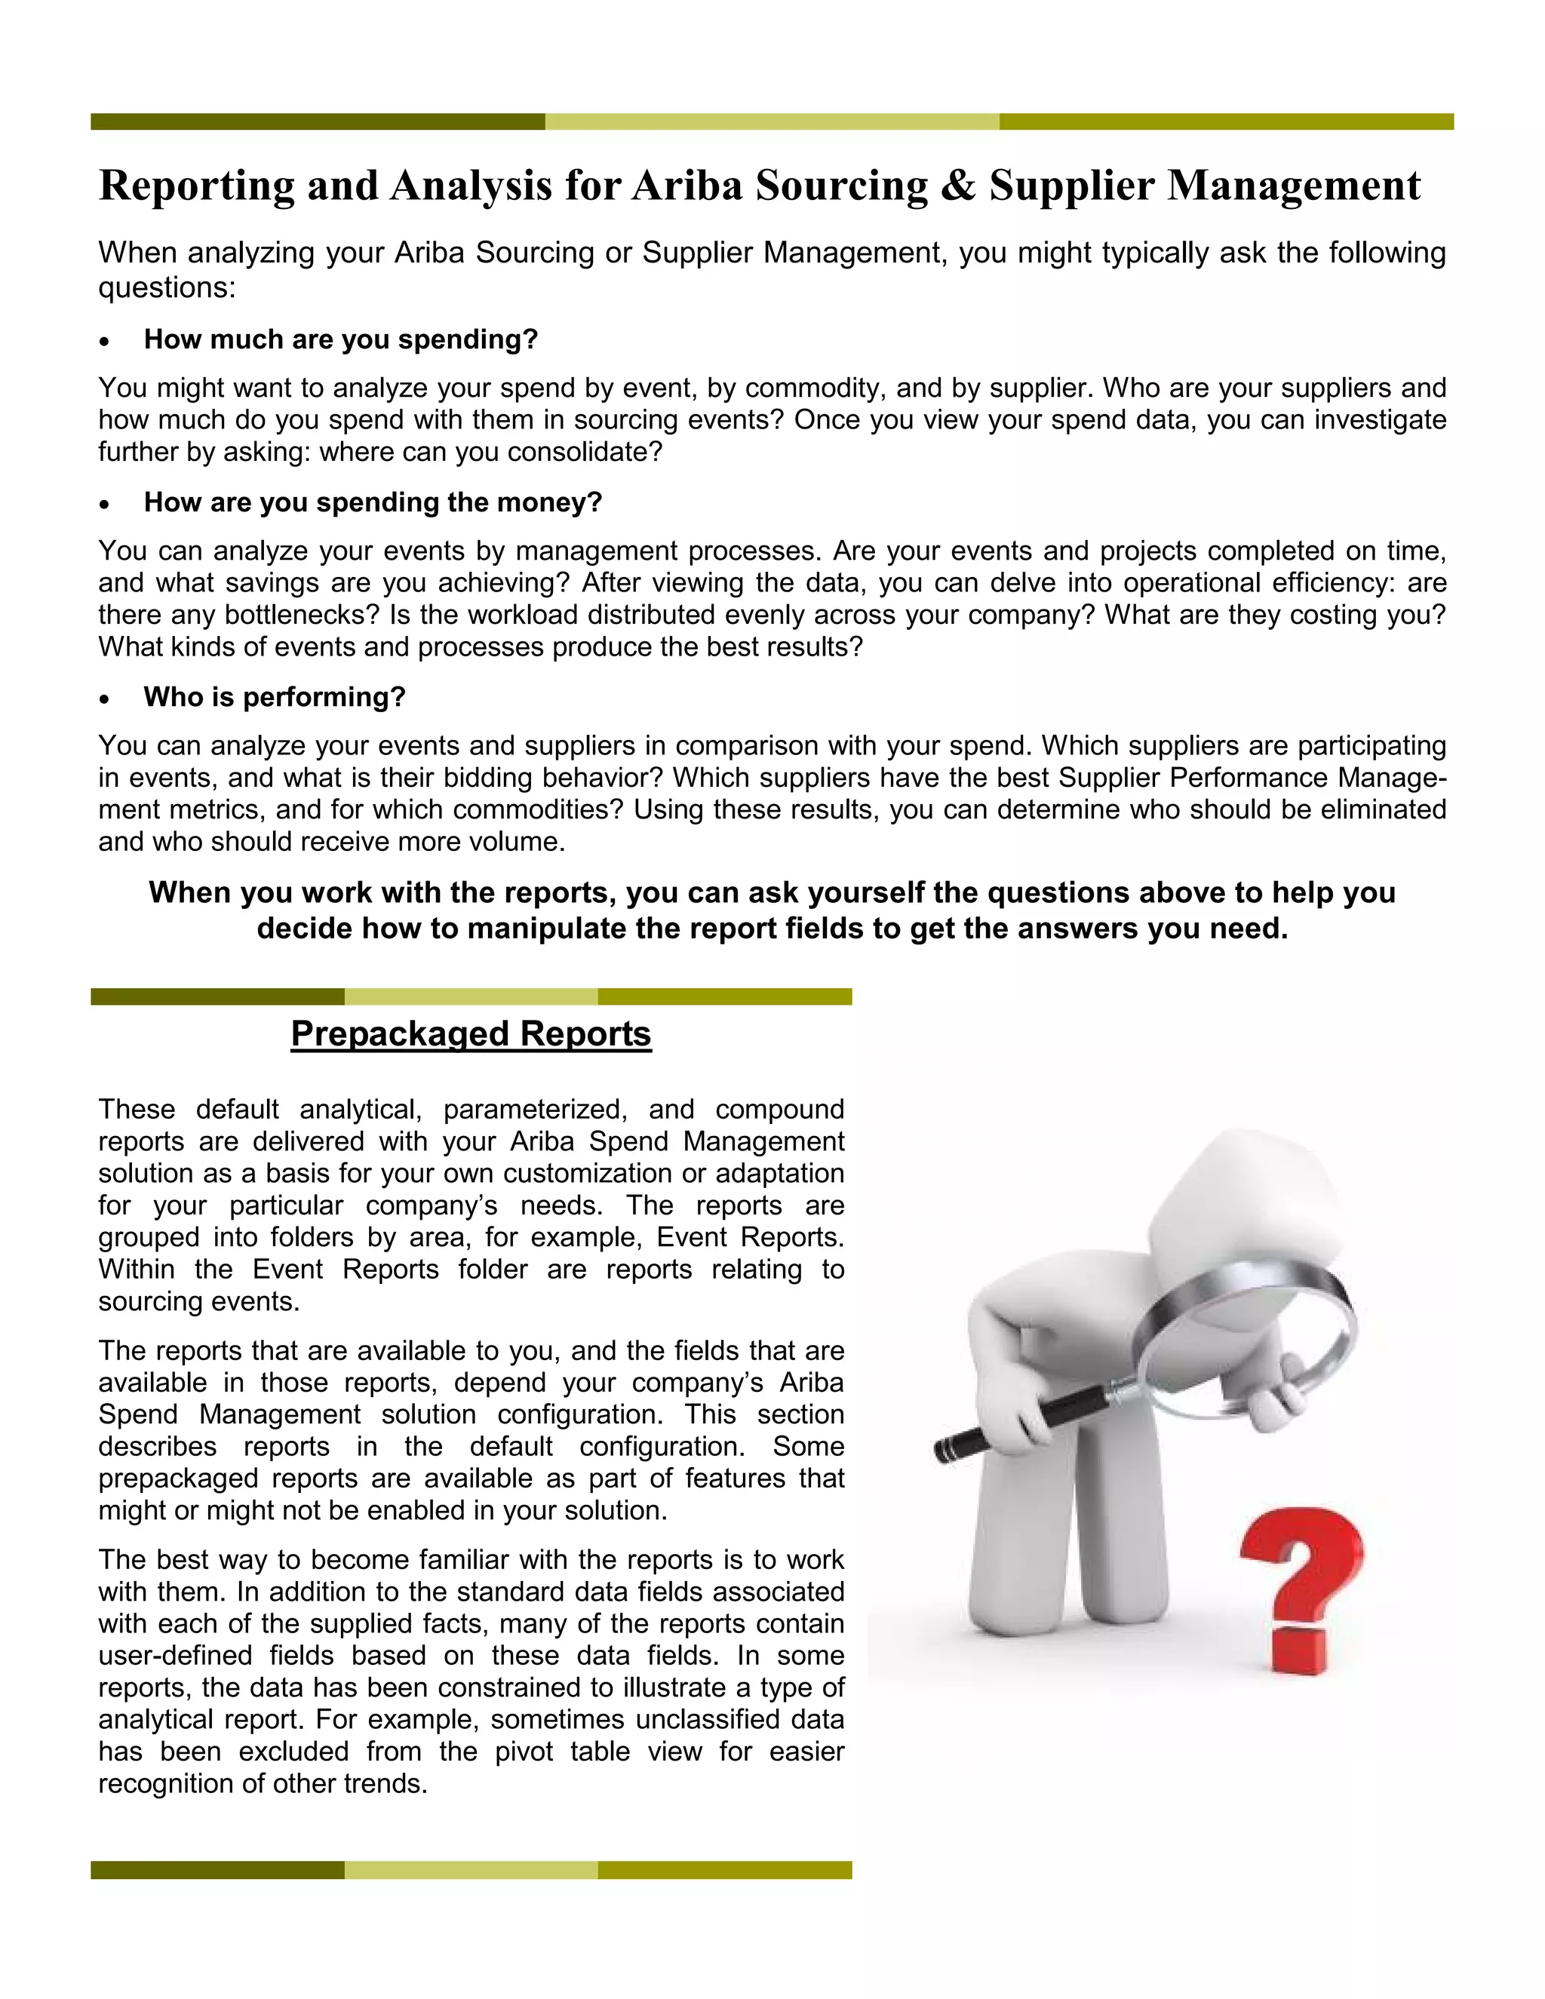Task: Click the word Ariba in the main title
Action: [x=686, y=186]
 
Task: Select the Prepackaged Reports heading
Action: [x=471, y=1033]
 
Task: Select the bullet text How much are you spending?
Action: [x=340, y=339]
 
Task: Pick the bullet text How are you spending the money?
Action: [x=373, y=502]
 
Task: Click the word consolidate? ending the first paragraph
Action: [x=584, y=452]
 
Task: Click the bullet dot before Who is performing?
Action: [x=106, y=699]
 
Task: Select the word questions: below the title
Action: [x=167, y=288]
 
